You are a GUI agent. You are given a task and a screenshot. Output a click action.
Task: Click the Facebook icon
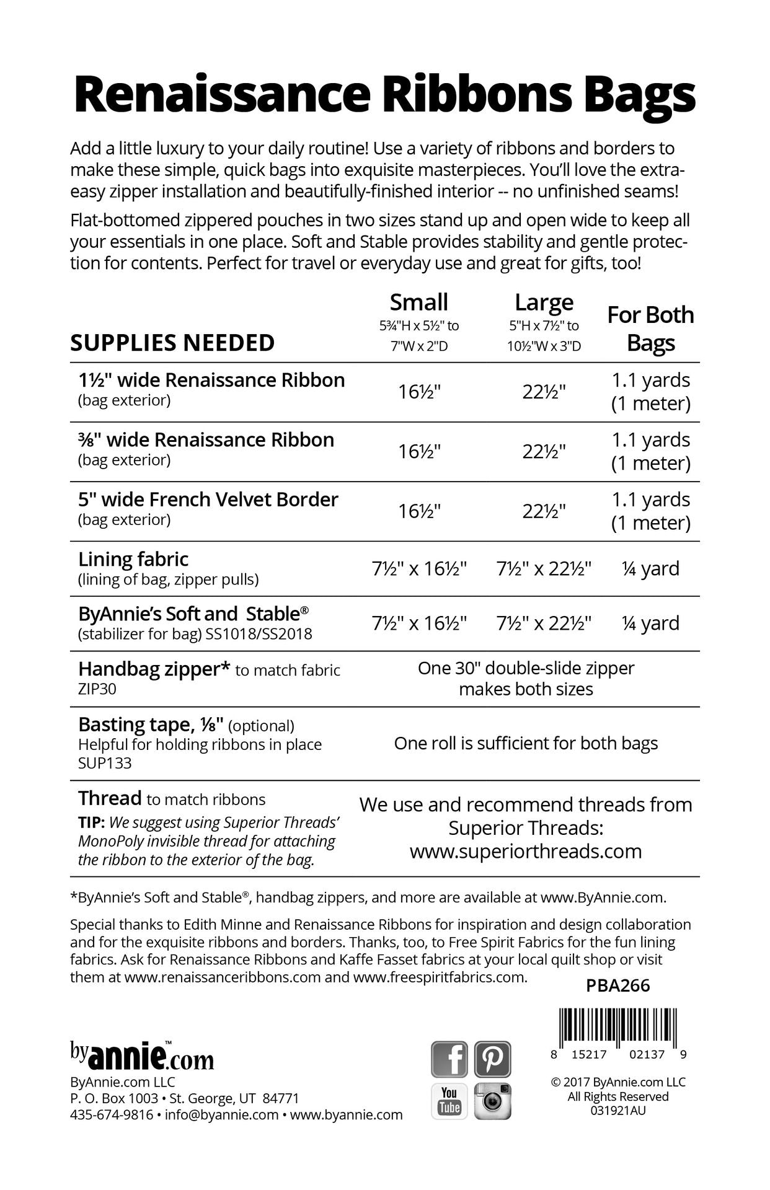click(x=449, y=1059)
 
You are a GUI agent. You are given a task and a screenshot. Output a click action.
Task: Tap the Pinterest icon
click(x=493, y=1059)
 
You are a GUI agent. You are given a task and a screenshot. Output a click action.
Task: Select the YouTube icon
click(x=449, y=1101)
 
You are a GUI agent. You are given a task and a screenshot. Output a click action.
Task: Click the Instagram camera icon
click(x=493, y=1101)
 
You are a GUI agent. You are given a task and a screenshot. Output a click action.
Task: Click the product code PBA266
click(x=617, y=986)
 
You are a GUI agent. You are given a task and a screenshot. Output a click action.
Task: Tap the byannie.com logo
click(x=142, y=1056)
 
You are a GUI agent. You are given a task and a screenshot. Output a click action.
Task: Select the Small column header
click(x=418, y=302)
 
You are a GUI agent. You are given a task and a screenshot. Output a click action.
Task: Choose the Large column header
click(x=544, y=302)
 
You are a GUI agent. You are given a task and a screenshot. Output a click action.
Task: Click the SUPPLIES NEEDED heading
click(x=172, y=343)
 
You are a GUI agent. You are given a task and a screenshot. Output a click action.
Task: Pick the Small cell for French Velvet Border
click(x=419, y=511)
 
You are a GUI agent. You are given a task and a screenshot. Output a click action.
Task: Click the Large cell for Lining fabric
click(x=544, y=568)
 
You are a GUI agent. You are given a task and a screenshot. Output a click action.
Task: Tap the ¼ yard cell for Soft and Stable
click(x=650, y=623)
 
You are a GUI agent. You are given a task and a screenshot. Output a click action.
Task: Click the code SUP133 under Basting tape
click(x=105, y=763)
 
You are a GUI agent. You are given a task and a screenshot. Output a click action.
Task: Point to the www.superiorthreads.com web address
click(x=526, y=851)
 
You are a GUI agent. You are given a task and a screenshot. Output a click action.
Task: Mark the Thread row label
click(x=110, y=798)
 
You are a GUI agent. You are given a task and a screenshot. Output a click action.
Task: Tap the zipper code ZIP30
click(x=97, y=689)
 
